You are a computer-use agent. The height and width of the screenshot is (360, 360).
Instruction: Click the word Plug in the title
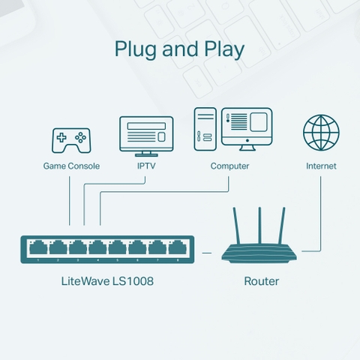[x=133, y=50]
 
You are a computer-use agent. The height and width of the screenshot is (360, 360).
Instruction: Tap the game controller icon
[x=70, y=139]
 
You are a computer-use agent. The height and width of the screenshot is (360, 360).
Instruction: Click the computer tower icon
[x=205, y=130]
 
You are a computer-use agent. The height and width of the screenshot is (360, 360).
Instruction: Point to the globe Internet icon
[x=321, y=133]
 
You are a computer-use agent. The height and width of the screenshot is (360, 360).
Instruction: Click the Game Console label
[x=71, y=166]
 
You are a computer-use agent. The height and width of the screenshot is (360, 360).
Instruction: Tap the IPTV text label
[x=146, y=166]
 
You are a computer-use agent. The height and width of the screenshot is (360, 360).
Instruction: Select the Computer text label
[x=229, y=166]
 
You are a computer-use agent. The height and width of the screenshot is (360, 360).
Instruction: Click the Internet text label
[x=321, y=166]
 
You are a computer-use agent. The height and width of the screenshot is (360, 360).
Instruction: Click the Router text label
[x=262, y=282]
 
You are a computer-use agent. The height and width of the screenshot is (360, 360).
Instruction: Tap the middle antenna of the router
[x=260, y=225]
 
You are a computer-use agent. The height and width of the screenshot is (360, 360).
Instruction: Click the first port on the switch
[x=37, y=247]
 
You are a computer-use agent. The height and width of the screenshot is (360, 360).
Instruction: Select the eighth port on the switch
[x=177, y=247]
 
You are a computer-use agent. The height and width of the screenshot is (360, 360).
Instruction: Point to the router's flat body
[x=260, y=255]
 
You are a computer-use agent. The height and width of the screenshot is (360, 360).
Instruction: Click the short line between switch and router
[x=207, y=254]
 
